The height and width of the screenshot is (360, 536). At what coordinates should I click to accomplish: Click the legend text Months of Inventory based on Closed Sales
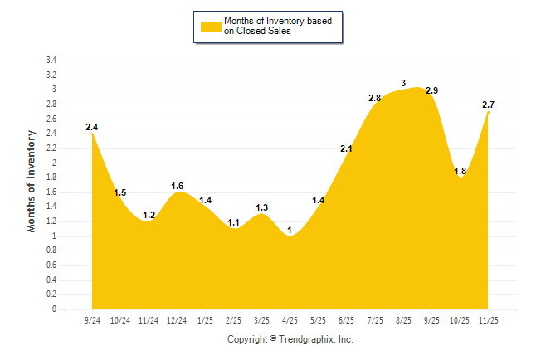pos(278,27)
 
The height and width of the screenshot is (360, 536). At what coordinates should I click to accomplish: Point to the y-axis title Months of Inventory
pos(32,180)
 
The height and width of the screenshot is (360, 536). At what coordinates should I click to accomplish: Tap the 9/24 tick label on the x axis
pos(92,320)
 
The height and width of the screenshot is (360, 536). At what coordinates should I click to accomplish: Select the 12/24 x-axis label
pos(177,320)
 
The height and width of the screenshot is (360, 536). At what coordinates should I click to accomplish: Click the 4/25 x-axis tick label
pos(290,320)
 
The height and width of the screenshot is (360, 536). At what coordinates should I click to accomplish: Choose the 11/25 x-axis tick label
pos(489,320)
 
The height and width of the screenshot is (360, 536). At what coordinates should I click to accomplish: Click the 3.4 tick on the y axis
pos(51,61)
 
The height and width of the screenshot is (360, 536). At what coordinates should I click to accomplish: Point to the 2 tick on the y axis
pos(54,163)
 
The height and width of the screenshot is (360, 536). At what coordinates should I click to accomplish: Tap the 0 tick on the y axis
pos(54,309)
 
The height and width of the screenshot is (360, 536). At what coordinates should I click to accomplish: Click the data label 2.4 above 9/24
pos(91,127)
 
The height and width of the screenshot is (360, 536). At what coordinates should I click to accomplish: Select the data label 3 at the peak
pos(403,83)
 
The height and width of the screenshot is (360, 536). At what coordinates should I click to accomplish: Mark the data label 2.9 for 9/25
pos(431,90)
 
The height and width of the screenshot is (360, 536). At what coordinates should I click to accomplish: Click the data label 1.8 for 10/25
pos(460,171)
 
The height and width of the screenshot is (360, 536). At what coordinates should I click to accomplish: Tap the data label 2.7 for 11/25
pos(489,105)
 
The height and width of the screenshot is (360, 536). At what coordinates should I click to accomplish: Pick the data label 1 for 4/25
pos(290,230)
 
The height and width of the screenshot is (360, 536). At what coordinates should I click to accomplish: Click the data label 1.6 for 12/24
pos(177,186)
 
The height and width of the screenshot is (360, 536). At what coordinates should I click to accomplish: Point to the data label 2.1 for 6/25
pos(347,149)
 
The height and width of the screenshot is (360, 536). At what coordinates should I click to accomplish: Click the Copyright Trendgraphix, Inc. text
pos(290,339)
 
